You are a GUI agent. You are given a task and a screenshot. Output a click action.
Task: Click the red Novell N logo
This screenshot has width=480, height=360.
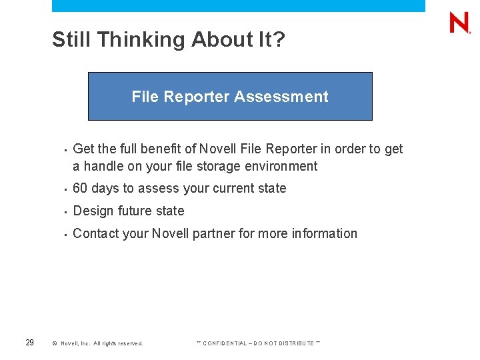coord(459,23)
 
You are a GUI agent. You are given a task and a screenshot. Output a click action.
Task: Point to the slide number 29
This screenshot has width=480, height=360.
coord(29,343)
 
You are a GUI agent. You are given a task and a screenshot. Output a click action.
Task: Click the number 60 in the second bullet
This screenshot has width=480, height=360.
coord(81,189)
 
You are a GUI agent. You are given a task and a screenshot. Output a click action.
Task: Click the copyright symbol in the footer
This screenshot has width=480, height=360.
coord(55,343)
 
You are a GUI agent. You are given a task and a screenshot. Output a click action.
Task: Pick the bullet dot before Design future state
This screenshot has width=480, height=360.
coord(64,212)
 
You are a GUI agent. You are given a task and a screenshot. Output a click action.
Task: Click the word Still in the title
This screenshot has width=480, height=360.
coord(72,40)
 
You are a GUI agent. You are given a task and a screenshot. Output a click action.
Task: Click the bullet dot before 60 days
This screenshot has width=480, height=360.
coord(64,189)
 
